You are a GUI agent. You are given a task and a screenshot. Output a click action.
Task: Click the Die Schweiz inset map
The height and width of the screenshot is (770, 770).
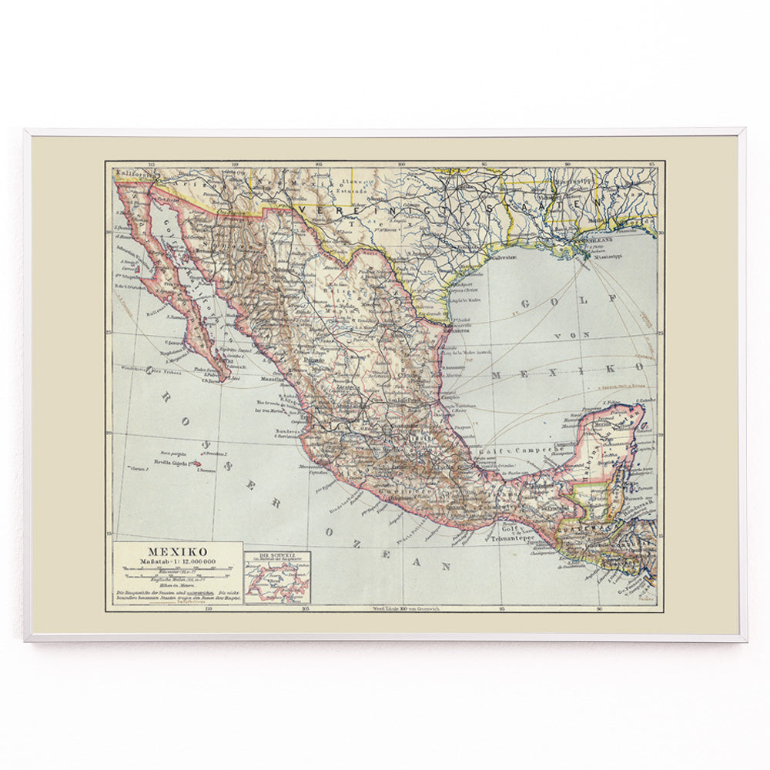tap(277, 577)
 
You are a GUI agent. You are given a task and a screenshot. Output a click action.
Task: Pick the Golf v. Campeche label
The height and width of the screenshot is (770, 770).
tap(512, 447)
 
